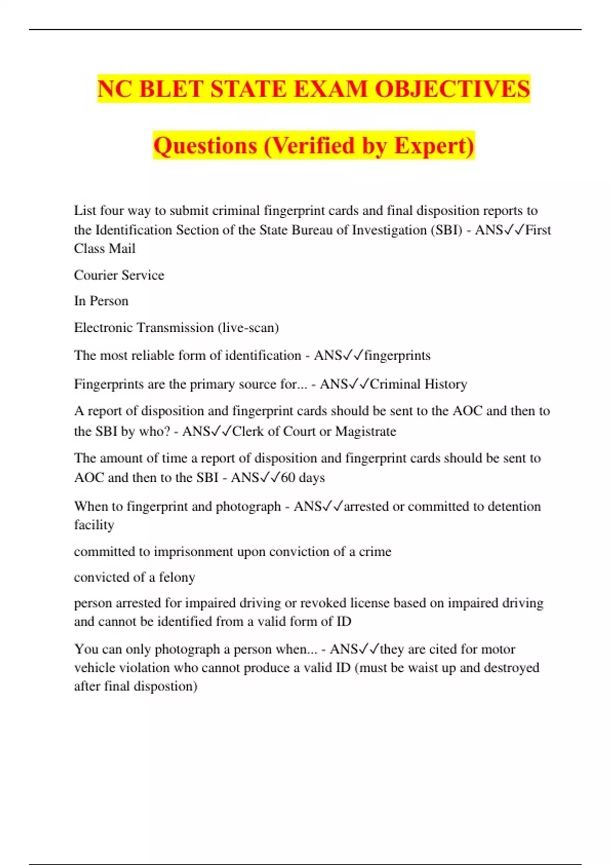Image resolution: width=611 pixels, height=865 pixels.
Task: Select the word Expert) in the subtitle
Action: [434, 146]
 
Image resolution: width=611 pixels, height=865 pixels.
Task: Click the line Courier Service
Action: [119, 275]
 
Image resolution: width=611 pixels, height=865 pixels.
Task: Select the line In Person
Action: [101, 301]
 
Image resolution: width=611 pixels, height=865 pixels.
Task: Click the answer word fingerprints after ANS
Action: [397, 355]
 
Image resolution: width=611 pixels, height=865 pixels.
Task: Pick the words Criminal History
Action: [418, 384]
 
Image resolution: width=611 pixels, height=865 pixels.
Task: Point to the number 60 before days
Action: [288, 478]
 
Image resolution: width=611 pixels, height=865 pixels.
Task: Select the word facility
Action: [94, 525]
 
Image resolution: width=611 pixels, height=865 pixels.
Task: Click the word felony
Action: [177, 578]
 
